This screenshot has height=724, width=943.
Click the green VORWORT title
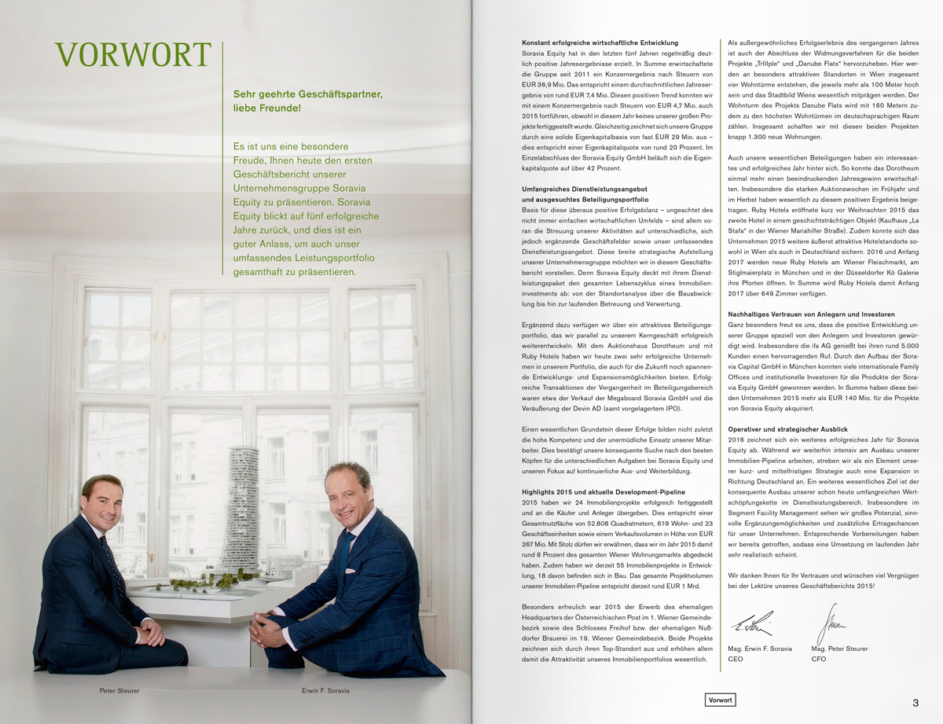[x=134, y=55]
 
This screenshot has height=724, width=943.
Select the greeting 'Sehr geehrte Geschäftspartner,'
[x=308, y=94]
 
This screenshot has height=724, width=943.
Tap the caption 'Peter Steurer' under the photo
[x=119, y=691]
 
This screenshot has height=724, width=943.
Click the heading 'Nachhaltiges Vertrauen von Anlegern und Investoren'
[x=812, y=314]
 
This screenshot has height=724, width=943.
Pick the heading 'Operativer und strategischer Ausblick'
[x=787, y=429]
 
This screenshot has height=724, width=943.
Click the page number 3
[x=915, y=702]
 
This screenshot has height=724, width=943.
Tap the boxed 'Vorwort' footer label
[x=720, y=700]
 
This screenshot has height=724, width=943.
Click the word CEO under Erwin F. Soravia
[x=736, y=660]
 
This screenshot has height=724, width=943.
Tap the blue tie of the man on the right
[x=345, y=554]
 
